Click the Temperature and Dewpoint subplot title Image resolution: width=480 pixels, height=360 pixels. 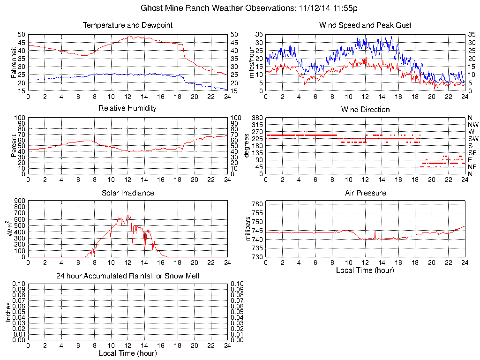pos(127,25)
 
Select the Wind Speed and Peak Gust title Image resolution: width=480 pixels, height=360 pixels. pos(365,25)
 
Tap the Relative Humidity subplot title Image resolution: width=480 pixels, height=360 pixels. pos(127,108)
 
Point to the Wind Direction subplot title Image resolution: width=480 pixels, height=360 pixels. pos(365,110)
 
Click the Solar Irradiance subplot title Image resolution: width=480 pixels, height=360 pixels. pos(127,193)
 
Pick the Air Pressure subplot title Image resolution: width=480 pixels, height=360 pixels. pos(365,193)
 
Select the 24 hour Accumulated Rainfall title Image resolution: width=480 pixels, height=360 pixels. pos(127,276)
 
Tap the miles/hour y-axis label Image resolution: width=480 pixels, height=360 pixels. pos(251,62)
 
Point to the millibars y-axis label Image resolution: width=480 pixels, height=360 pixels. pos(248,229)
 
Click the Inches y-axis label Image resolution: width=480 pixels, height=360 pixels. pos(8,312)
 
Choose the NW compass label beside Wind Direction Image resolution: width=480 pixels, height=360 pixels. pos(473,125)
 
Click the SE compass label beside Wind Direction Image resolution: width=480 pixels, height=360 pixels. pos(472,153)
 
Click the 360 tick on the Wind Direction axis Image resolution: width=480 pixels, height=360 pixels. pos(256,118)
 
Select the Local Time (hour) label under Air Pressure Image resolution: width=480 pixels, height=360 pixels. pos(365,270)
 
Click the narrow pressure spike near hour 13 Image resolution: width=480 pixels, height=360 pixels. pos(375,232)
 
